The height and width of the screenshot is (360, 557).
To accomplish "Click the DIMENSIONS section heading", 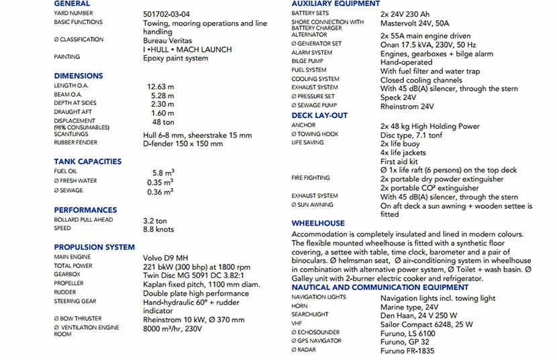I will pos(79,76).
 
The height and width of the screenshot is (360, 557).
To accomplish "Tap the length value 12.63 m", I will pos(160,87).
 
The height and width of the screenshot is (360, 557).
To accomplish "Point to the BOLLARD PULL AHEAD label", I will pos(83,220).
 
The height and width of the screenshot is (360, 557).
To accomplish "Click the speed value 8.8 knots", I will pos(158,230).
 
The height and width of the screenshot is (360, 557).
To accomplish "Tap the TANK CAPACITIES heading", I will pos(88,162).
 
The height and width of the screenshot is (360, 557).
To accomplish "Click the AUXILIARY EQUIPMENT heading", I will pos(336,4).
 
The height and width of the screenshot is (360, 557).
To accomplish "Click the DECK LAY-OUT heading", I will pos(319,116).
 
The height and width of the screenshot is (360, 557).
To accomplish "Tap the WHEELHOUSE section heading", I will pos(318,223).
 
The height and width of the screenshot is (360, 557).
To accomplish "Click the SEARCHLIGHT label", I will pos(310,314).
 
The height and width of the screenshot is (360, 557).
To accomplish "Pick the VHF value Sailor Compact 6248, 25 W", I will pos(427,324).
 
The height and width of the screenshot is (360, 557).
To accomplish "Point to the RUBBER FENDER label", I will pos(76,142).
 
